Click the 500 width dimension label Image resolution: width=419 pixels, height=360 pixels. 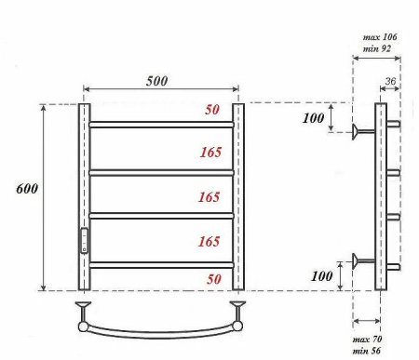(156, 81)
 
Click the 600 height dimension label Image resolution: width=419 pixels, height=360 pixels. (27, 189)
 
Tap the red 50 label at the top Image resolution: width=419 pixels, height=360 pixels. (212, 110)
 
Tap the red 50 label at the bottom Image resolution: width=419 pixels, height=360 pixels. (214, 279)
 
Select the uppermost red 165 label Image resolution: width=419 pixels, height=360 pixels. (210, 152)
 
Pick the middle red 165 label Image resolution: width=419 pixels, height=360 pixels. (209, 197)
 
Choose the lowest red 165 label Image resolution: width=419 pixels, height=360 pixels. (209, 241)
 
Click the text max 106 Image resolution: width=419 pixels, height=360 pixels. (380, 37)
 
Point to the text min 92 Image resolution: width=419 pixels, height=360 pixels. (377, 48)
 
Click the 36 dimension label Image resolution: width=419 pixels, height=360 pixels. (390, 81)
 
